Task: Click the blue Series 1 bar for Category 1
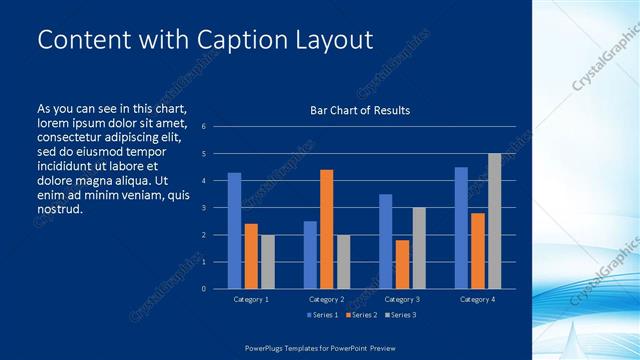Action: [x=234, y=230]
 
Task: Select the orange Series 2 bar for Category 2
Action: [x=326, y=229]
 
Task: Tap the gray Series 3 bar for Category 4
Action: [x=494, y=221]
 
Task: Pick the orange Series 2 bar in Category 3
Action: [x=402, y=264]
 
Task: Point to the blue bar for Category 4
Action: [x=461, y=228]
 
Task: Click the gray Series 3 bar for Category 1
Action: [x=267, y=261]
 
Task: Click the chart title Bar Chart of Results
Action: [x=360, y=110]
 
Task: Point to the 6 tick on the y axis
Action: [x=203, y=127]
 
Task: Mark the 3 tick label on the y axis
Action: [x=203, y=208]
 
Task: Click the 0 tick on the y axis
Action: [x=203, y=289]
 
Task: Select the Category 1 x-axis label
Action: [x=250, y=299]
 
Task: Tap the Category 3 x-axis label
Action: [x=402, y=299]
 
